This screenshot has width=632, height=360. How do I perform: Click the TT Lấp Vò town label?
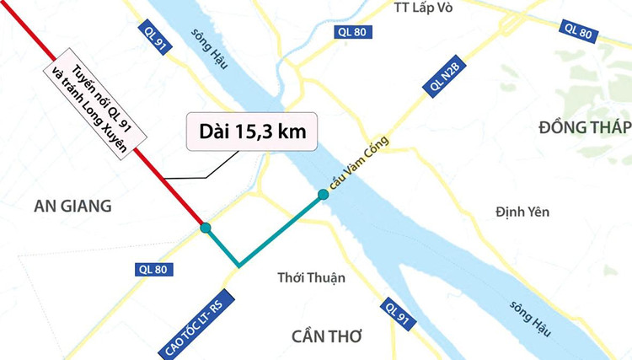click(431, 8)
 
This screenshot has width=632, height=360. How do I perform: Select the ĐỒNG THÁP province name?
click(585, 126)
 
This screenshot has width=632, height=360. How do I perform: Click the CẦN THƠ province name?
click(326, 336)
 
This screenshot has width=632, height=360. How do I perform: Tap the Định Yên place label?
click(522, 212)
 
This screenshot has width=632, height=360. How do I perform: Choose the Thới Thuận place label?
click(311, 277)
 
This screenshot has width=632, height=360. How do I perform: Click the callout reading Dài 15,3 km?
click(252, 132)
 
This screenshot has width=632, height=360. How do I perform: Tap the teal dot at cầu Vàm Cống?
click(323, 196)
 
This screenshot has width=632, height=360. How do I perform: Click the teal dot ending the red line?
click(206, 228)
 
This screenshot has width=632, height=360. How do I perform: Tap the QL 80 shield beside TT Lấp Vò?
click(352, 32)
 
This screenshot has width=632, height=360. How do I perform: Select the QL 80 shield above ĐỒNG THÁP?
click(578, 30)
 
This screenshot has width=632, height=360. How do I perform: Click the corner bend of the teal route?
click(239, 266)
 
